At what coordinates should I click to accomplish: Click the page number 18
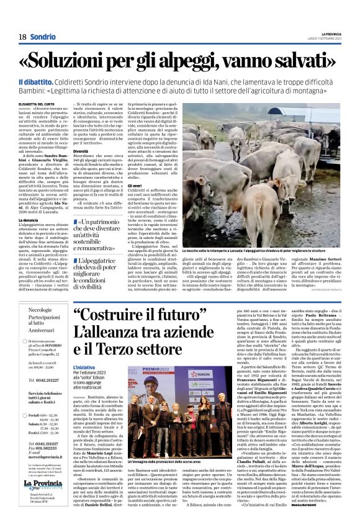coord(22,37)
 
